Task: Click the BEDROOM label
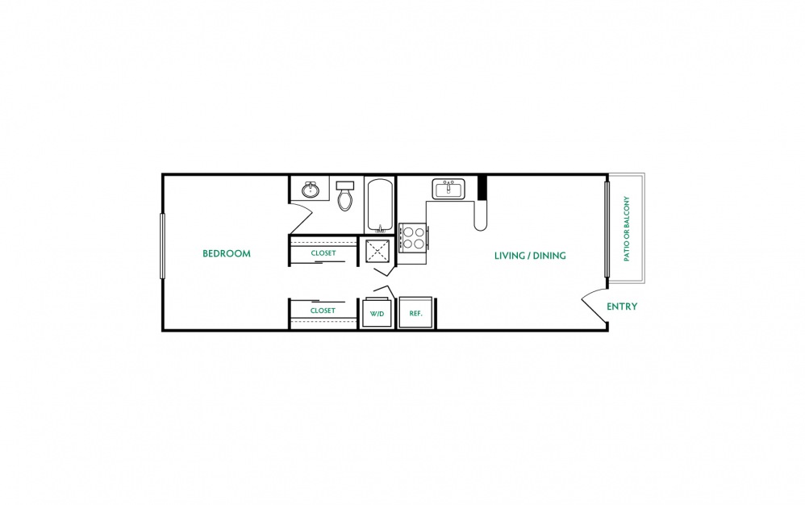click(227, 253)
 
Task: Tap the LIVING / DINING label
click(530, 256)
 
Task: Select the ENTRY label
click(622, 307)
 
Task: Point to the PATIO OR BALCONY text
click(627, 228)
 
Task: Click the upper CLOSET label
click(323, 253)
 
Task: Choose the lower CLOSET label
click(323, 311)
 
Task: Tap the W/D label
click(377, 314)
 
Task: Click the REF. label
click(416, 313)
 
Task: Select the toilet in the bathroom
click(345, 195)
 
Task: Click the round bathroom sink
click(311, 190)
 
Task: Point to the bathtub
click(381, 205)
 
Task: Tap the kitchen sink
click(448, 189)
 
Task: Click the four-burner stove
click(413, 238)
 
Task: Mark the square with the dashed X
click(378, 251)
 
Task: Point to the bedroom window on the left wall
click(163, 246)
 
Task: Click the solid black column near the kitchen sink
click(482, 188)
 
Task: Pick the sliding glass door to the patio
click(607, 228)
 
